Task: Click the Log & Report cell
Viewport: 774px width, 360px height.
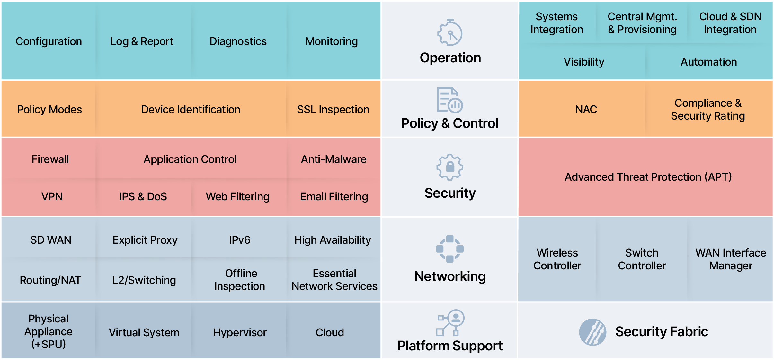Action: (x=142, y=41)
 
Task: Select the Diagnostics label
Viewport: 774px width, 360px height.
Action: (x=238, y=41)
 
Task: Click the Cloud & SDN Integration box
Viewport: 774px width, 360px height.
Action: (x=730, y=23)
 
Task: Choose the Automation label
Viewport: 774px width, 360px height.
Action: (x=709, y=62)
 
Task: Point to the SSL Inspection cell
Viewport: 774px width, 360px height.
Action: (x=333, y=110)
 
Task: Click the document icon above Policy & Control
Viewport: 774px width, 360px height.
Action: (x=449, y=100)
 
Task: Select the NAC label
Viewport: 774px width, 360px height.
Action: (x=586, y=110)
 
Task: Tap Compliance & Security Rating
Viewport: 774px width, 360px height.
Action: (x=708, y=109)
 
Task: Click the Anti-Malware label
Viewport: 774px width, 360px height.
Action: (x=334, y=159)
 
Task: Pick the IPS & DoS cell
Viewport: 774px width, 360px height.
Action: (x=143, y=196)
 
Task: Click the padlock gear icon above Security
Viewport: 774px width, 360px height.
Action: (x=450, y=167)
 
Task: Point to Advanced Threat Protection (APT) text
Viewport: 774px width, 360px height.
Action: (x=648, y=177)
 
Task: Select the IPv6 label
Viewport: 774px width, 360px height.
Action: (x=240, y=240)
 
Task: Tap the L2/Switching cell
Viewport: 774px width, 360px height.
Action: (x=144, y=280)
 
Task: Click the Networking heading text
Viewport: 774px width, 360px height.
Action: (x=450, y=276)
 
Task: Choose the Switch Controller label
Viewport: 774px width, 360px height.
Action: (x=642, y=259)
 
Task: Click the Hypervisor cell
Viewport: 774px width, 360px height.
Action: (x=240, y=332)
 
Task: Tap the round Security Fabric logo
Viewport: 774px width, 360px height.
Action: (x=592, y=332)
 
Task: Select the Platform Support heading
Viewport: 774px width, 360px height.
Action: (x=450, y=346)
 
